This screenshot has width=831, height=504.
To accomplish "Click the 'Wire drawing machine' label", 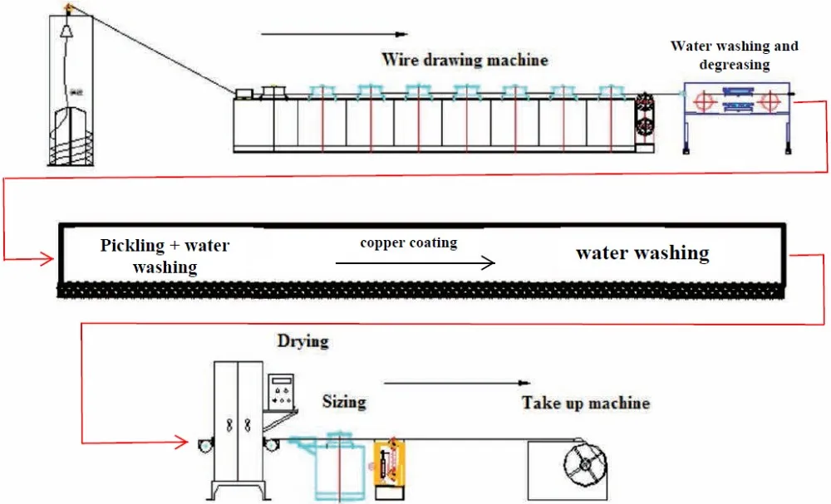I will pos(465,59).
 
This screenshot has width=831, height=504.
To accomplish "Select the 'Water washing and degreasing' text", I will pos(734,55).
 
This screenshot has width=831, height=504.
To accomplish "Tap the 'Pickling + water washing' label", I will pos(165,256).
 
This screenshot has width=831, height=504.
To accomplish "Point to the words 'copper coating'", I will pos(408,242).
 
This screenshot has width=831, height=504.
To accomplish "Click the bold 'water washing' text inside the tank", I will pos(642,252).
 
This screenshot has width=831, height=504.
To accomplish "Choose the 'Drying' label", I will pos(303,340).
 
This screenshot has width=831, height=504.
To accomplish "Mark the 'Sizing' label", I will pos(344,402).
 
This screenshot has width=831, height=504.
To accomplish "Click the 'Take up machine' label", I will pos(585,403).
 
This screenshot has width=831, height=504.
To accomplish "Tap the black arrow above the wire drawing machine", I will pos(333,34).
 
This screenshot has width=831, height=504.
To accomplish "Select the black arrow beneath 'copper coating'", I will pos(415,262).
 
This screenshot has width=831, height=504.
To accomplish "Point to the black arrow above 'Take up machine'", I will pos(456,383).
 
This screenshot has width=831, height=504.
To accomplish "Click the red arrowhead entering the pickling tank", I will pos(48,259).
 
